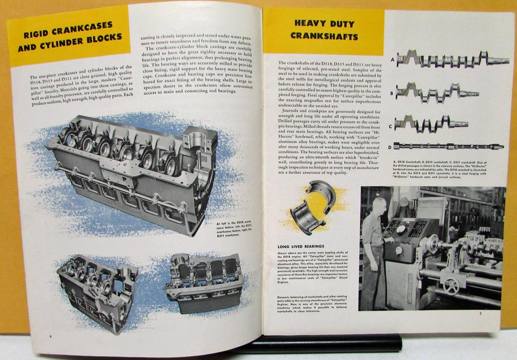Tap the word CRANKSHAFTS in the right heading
tap(324, 36)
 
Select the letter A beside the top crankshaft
tap(391, 59)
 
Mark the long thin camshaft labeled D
tap(448, 146)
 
